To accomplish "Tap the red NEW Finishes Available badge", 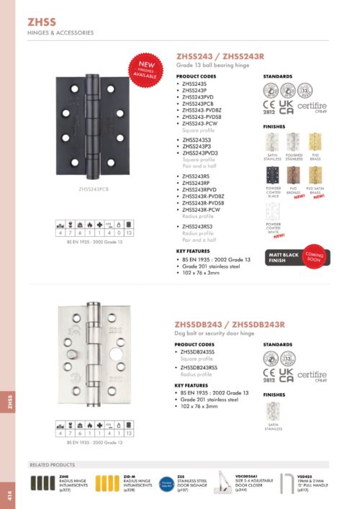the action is (x=145, y=68).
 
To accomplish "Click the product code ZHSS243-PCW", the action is (x=201, y=123).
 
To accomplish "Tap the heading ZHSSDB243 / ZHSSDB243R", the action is (x=230, y=324).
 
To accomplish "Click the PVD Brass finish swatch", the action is (x=315, y=143).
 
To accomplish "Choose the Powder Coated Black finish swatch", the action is (x=273, y=176).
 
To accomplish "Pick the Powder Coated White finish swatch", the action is (x=273, y=211).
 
